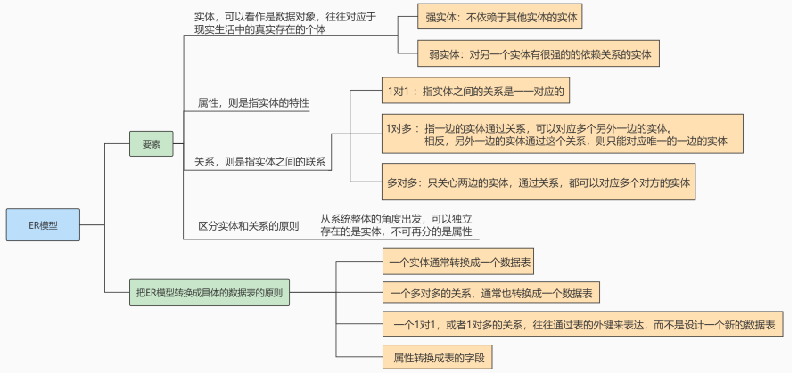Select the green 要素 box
[x=151, y=143]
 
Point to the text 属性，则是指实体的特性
[x=252, y=104]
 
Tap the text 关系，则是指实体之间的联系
[x=259, y=162]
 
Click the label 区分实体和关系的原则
[x=248, y=226]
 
